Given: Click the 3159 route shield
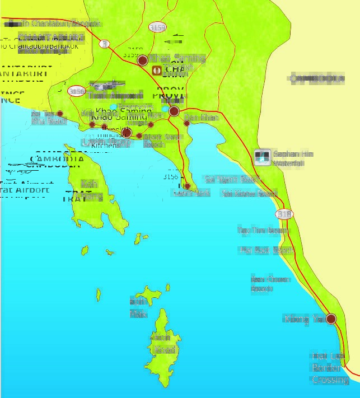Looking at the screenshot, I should click(x=157, y=26).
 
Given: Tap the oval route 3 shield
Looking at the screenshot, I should click(x=104, y=43).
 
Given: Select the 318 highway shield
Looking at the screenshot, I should click(x=284, y=214).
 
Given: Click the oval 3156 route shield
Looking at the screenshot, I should click(x=76, y=91).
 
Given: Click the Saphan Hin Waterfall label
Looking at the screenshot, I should click(x=293, y=158).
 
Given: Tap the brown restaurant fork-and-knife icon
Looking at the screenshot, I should click(x=158, y=71).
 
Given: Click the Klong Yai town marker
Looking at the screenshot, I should click(x=331, y=319).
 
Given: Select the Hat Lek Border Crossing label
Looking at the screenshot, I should click(x=329, y=368).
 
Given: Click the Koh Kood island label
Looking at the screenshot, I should click(x=164, y=344).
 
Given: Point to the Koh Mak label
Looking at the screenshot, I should click(x=138, y=307).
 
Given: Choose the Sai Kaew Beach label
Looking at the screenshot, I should click(x=249, y=194).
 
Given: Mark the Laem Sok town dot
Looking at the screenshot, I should click(x=187, y=186).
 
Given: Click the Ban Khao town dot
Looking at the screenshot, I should click(x=187, y=123).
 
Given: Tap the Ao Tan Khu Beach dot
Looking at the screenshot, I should click(x=60, y=114).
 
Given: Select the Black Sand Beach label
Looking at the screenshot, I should click(x=162, y=141).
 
